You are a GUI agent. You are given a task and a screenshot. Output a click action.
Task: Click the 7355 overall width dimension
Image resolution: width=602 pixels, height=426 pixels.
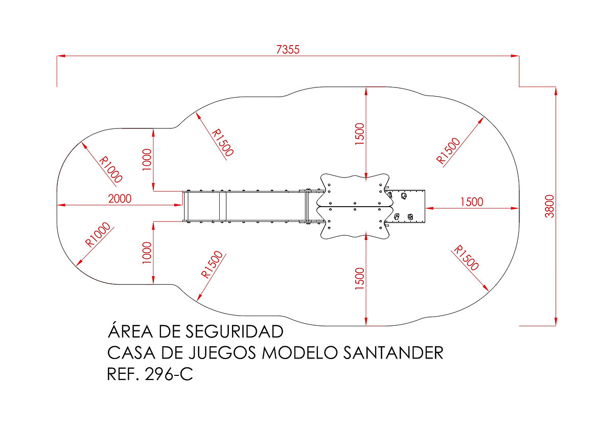click(x=288, y=50)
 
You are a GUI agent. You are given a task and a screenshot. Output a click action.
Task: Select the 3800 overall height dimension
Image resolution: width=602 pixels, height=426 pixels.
click(x=550, y=206)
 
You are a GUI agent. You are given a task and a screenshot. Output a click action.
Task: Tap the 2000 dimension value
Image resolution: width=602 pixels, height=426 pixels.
click(x=120, y=198)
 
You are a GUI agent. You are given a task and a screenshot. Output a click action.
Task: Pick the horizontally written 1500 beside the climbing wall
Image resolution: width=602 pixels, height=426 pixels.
click(x=472, y=201)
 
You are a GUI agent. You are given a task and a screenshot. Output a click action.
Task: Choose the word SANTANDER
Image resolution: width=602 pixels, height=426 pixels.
click(x=393, y=353)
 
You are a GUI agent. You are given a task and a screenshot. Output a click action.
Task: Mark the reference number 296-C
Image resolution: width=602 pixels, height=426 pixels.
click(x=169, y=374)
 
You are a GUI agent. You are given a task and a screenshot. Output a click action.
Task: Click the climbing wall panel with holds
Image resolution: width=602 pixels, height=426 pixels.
click(x=406, y=206)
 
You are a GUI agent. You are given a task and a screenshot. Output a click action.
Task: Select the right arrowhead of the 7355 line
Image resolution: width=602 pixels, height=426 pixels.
click(x=515, y=56)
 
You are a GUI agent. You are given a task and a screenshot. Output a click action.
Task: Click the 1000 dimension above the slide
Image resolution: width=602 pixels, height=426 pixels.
click(x=147, y=160)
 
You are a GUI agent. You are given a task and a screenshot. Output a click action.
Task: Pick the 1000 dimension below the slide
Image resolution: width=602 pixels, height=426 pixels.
click(x=147, y=253)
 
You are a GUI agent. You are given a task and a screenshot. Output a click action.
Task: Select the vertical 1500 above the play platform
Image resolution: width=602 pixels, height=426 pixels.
click(x=360, y=133)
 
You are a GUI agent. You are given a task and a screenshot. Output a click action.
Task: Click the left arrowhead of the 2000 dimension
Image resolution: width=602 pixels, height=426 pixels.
click(x=61, y=205)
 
